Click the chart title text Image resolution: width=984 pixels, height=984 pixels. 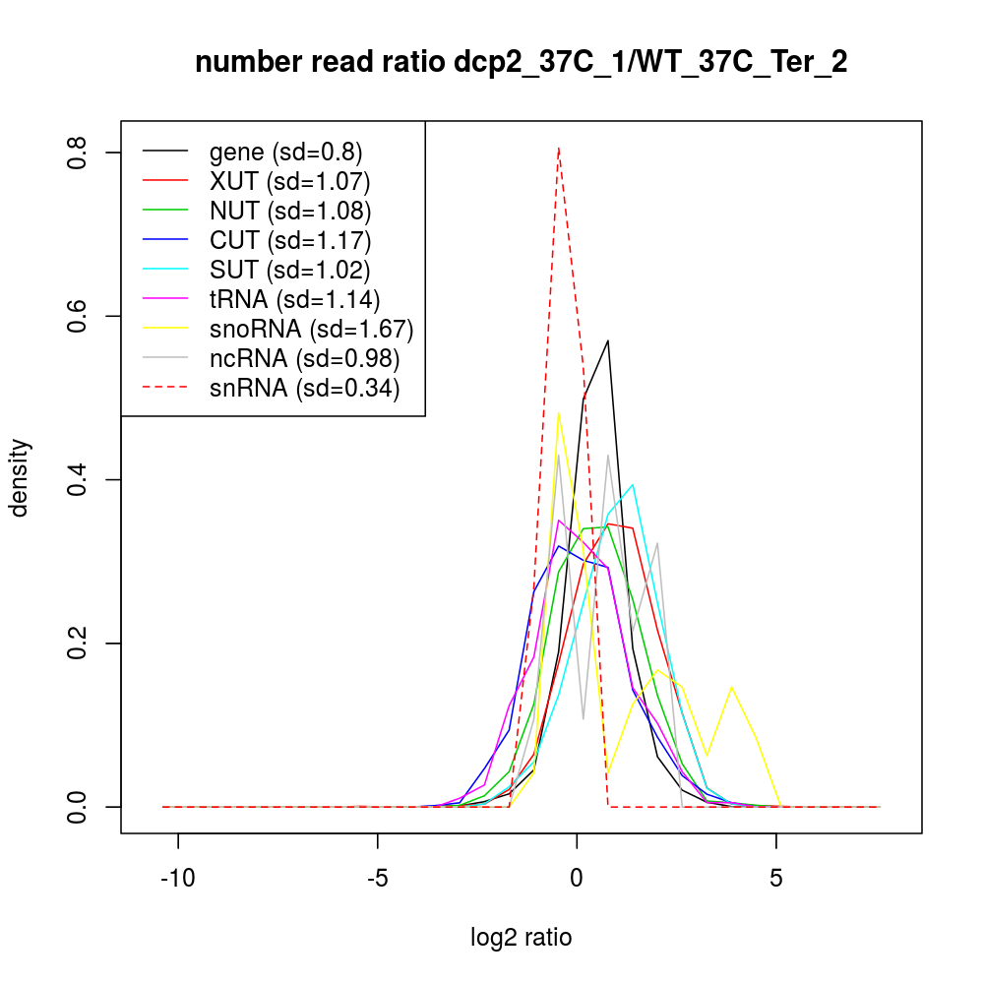[x=522, y=63]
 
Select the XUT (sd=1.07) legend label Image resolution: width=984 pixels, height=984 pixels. [x=289, y=181]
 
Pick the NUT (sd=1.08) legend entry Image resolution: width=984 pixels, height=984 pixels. [x=290, y=211]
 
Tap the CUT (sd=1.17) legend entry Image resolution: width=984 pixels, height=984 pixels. [x=290, y=240]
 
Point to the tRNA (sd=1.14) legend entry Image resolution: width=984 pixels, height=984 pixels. [x=294, y=299]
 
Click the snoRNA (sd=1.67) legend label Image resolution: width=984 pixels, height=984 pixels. [x=311, y=329]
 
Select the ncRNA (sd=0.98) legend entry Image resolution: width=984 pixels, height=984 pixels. [x=304, y=358]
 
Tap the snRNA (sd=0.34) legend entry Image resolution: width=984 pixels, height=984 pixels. [x=304, y=388]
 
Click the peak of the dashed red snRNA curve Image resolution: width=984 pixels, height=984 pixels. [x=559, y=149]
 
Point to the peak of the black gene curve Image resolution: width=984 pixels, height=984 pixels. [x=608, y=340]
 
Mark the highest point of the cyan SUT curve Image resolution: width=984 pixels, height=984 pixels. [x=633, y=484]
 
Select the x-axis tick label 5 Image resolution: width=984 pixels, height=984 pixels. [x=776, y=878]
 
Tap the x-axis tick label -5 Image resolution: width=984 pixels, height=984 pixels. [x=378, y=878]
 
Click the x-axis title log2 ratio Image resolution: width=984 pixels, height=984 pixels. [x=522, y=937]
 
